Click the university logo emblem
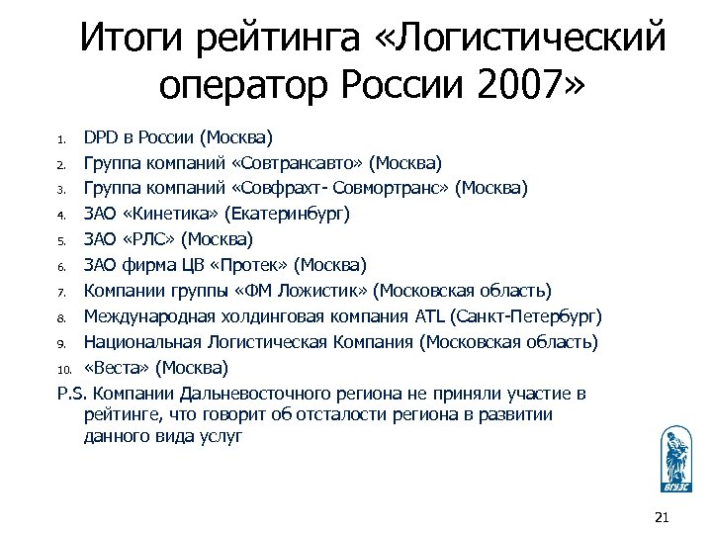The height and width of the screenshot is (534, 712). point(676,457)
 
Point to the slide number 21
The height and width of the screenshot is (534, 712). point(663,516)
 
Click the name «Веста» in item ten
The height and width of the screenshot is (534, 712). point(117,368)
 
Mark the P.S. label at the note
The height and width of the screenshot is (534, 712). point(70,394)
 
